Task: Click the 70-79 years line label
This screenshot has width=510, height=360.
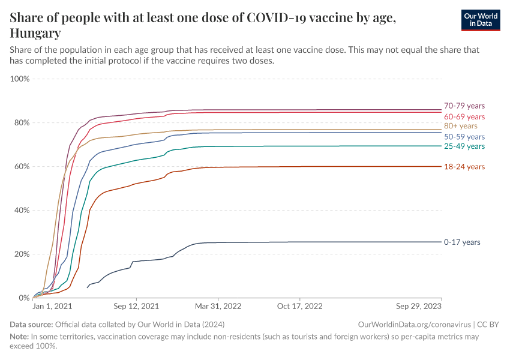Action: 464,106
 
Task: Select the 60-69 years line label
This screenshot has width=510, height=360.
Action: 464,116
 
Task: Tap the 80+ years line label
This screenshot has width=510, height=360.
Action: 460,126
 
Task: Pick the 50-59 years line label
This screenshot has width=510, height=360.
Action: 464,137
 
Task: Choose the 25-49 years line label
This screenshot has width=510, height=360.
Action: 464,146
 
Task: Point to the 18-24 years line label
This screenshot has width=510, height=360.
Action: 464,167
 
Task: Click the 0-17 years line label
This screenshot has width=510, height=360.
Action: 462,242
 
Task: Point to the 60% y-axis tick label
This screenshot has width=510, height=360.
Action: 22,167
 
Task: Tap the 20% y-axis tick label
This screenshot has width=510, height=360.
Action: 22,254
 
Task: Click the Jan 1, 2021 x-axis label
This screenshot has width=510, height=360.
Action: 52,306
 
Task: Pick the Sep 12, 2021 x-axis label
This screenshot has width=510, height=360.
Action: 136,306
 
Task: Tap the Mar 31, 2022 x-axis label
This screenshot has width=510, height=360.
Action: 218,306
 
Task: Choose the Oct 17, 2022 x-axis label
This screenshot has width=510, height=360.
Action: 300,306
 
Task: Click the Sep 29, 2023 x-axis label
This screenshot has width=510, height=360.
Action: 419,306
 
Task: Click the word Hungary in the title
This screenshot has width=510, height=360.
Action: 35,33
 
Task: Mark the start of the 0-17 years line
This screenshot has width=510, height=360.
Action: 88,287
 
